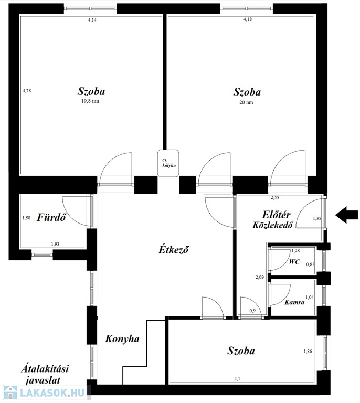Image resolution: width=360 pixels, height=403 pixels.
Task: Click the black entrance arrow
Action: point(347,215)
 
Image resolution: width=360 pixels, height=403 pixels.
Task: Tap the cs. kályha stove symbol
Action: point(168,163)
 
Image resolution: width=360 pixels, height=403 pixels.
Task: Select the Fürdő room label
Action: point(51,217)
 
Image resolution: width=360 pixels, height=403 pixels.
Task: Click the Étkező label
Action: point(174,249)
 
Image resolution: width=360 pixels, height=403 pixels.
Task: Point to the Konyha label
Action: point(122,339)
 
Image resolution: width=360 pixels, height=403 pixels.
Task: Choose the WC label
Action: point(294,262)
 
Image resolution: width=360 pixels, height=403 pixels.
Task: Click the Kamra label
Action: point(294,302)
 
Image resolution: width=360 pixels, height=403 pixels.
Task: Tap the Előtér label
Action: point(276,215)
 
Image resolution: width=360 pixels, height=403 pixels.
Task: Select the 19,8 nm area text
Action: point(90,101)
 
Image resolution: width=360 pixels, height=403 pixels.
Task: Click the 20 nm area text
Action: point(246,102)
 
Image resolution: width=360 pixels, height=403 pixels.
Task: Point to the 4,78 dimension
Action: point(27,90)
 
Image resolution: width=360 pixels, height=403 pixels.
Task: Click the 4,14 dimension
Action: point(92,20)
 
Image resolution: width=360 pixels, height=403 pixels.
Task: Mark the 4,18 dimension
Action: point(248,19)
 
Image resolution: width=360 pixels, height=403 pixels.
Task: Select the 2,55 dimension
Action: point(274,198)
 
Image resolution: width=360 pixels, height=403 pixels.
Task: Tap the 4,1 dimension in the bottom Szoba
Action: point(237,378)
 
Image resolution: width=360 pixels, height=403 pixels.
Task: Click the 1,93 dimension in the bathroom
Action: point(55,244)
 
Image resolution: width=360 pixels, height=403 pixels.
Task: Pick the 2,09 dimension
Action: point(260,277)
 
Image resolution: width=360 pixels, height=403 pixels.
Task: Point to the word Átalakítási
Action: point(45,369)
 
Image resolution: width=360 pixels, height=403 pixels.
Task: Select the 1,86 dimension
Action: point(308,351)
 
